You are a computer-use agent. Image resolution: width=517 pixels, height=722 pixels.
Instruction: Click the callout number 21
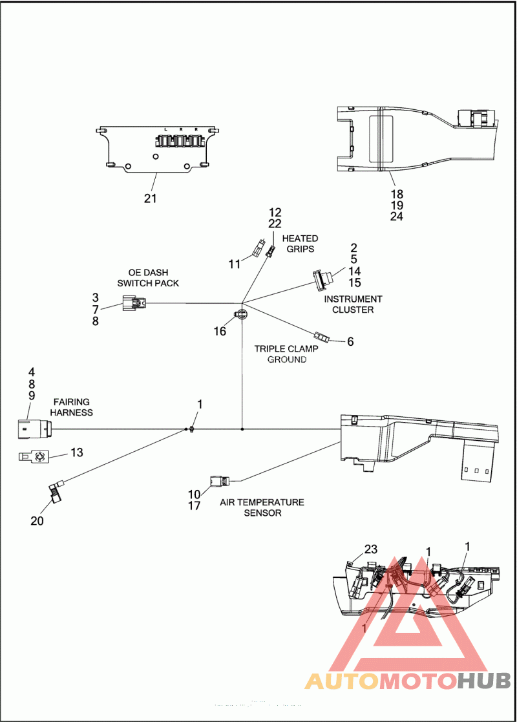coord(150,198)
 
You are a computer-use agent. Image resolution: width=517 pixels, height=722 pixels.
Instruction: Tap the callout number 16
coord(220,331)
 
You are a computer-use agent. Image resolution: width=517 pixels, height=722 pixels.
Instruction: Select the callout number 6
coord(350,341)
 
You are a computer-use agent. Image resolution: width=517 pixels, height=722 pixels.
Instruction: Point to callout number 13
coord(77,452)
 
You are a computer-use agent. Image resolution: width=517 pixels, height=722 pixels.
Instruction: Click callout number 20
coord(37,520)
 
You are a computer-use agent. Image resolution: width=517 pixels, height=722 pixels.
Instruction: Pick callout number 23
coord(370,549)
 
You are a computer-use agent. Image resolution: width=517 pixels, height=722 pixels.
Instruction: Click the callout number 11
coord(234,264)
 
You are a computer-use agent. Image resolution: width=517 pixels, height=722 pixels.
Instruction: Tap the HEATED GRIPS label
coord(300,244)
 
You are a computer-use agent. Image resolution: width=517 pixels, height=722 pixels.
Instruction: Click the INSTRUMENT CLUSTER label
coord(353,304)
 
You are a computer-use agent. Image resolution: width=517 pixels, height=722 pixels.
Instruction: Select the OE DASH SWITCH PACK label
coord(148,278)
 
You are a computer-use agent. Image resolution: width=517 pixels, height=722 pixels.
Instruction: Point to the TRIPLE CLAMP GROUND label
coord(286,354)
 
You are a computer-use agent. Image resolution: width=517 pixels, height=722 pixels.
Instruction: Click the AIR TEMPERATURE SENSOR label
coord(262,507)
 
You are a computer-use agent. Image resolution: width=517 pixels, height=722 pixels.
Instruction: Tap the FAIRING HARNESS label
coord(72,407)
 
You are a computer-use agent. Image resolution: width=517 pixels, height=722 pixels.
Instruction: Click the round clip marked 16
coord(240,314)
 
